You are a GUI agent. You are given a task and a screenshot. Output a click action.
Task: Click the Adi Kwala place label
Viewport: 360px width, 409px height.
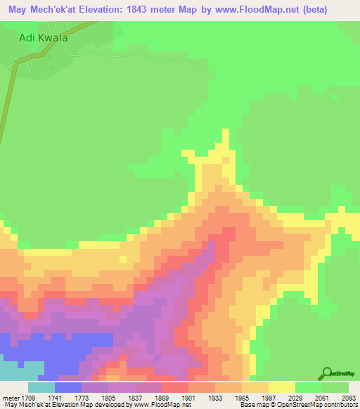43,38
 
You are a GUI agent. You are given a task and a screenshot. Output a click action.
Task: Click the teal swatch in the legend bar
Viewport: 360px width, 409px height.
41,387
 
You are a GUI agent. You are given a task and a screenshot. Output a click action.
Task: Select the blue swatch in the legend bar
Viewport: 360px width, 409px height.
68,387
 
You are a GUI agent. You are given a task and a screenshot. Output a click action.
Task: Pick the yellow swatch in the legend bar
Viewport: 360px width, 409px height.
282,387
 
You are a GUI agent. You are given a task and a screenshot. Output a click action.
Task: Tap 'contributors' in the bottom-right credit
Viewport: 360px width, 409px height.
340,405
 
